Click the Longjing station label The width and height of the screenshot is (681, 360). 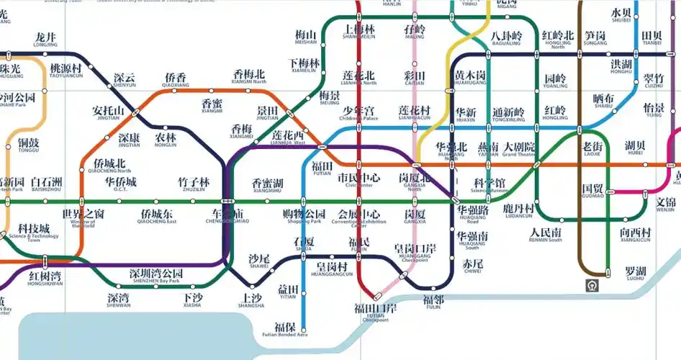45,40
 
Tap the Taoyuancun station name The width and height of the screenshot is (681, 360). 66,71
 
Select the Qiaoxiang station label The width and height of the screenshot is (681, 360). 175,81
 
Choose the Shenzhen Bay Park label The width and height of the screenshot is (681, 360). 156,277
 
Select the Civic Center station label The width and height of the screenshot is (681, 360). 358,180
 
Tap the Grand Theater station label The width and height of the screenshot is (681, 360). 519,150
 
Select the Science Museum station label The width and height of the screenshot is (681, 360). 489,185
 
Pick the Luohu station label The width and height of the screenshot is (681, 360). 636,274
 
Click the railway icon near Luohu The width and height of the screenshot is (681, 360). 591,285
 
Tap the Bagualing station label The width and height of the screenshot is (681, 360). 506,38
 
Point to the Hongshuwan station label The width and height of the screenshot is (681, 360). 45,279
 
